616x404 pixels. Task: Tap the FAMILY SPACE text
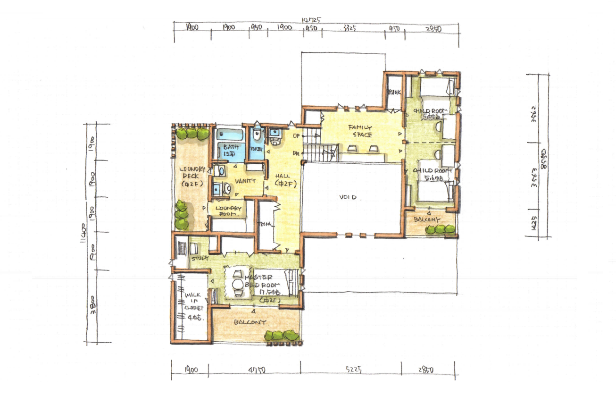point(361,131)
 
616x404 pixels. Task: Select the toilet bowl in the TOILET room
point(256,135)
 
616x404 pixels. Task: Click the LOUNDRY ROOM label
point(228,211)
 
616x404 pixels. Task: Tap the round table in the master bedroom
point(237,285)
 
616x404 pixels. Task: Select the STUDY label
point(197,258)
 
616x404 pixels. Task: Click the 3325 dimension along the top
point(349,28)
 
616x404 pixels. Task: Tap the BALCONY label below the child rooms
point(427,220)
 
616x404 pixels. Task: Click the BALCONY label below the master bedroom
point(250,323)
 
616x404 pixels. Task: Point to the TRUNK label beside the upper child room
point(394,92)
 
